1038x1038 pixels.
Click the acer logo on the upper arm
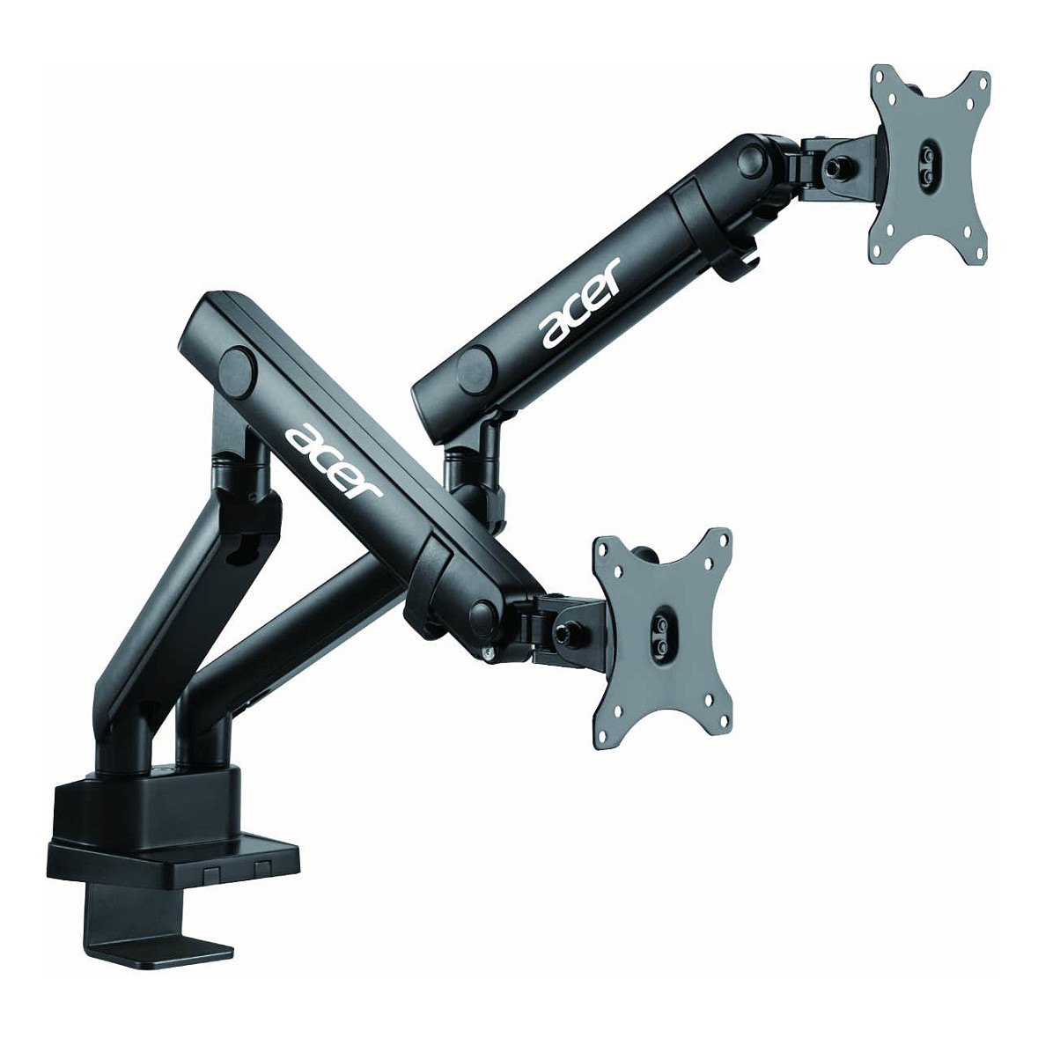[580, 302]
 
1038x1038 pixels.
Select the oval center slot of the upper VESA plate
[926, 159]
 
